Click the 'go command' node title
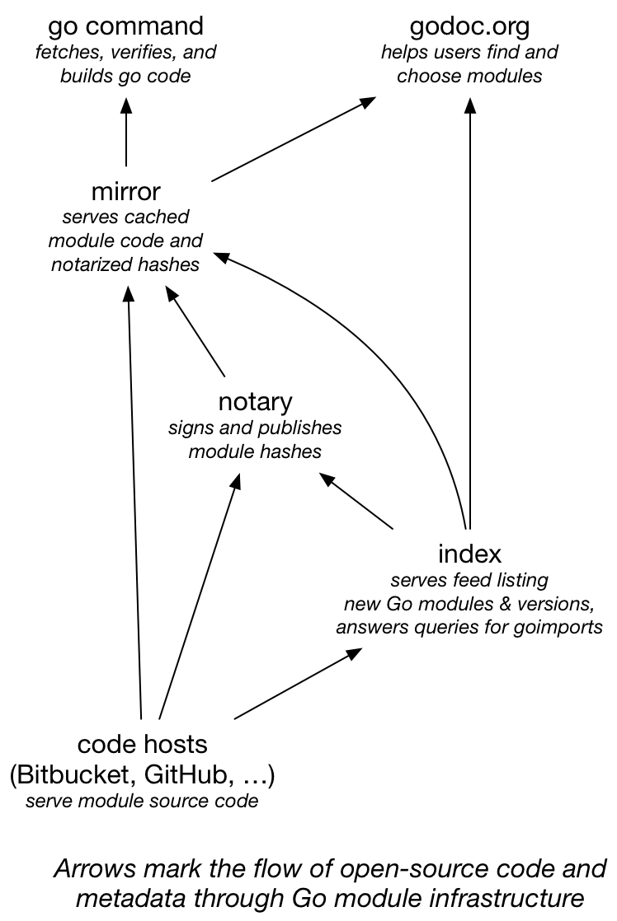pos(125,26)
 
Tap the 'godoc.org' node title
pos(469,26)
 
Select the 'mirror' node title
pos(125,192)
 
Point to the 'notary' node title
pos(255,402)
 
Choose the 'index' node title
pos(469,552)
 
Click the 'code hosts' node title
pos(142,745)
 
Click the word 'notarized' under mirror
pos(86,264)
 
